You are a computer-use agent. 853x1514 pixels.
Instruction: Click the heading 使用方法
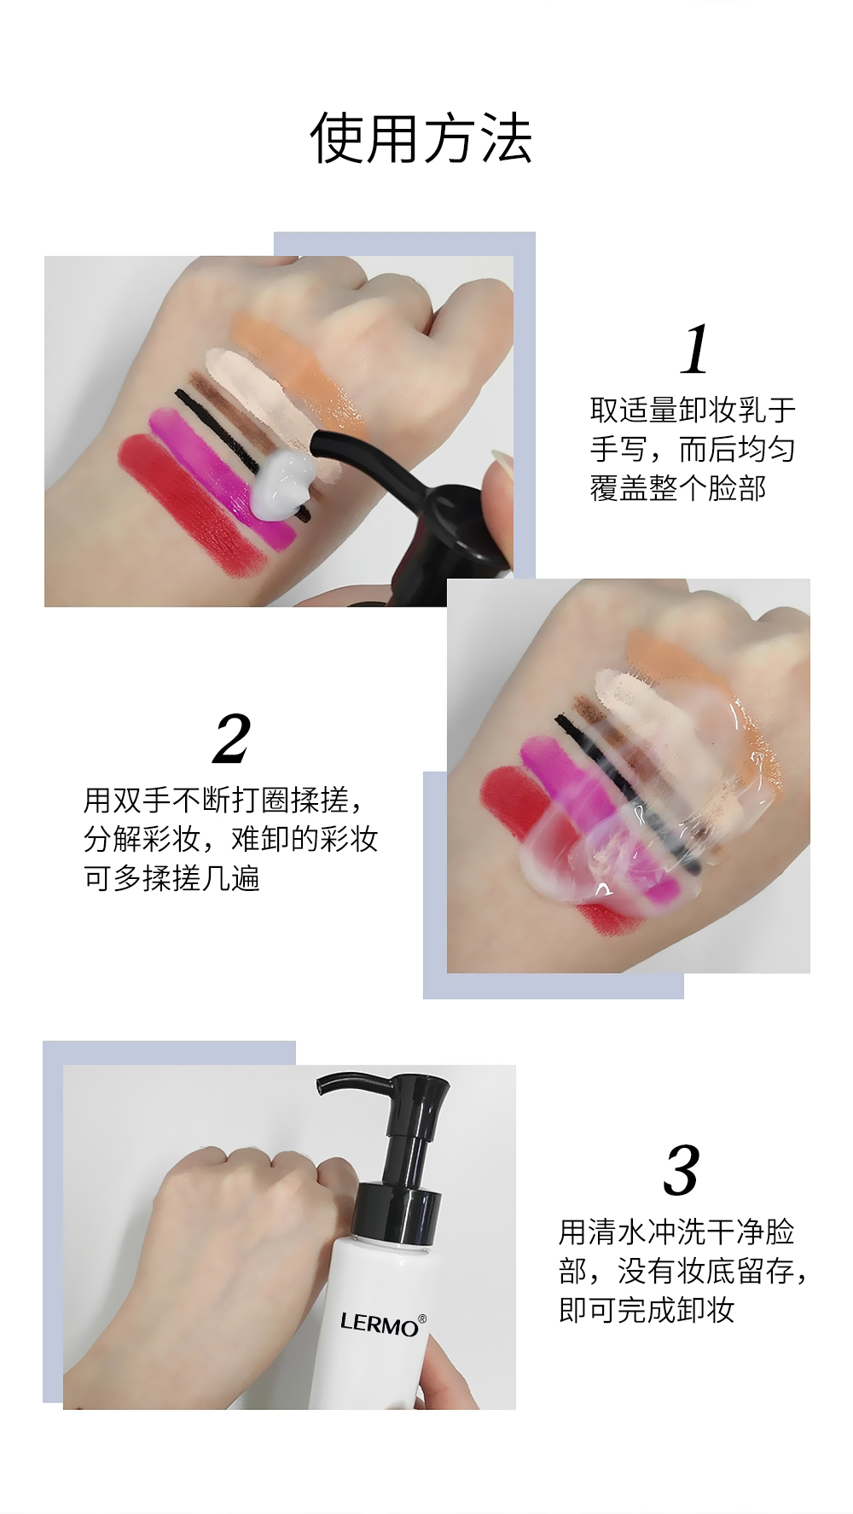pyautogui.click(x=421, y=137)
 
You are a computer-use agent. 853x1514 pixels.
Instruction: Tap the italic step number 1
pyautogui.click(x=695, y=349)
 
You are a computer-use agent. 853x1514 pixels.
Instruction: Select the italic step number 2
pyautogui.click(x=232, y=739)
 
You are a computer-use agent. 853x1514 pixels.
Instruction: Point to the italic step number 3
pyautogui.click(x=682, y=1172)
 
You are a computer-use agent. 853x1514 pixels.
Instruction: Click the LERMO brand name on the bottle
pyautogui.click(x=379, y=1324)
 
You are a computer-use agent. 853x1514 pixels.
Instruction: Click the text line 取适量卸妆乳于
pyautogui.click(x=693, y=410)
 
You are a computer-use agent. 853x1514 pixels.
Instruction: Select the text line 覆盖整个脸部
pyautogui.click(x=678, y=488)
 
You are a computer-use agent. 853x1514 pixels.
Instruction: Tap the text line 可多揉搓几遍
pyautogui.click(x=171, y=878)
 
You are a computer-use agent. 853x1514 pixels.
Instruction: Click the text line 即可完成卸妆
pyautogui.click(x=647, y=1310)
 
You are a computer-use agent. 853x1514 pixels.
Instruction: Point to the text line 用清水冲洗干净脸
pyautogui.click(x=676, y=1232)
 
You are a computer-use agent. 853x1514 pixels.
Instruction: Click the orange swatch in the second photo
pyautogui.click(x=699, y=683)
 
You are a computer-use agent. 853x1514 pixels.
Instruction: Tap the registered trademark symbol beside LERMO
pyautogui.click(x=422, y=1319)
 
